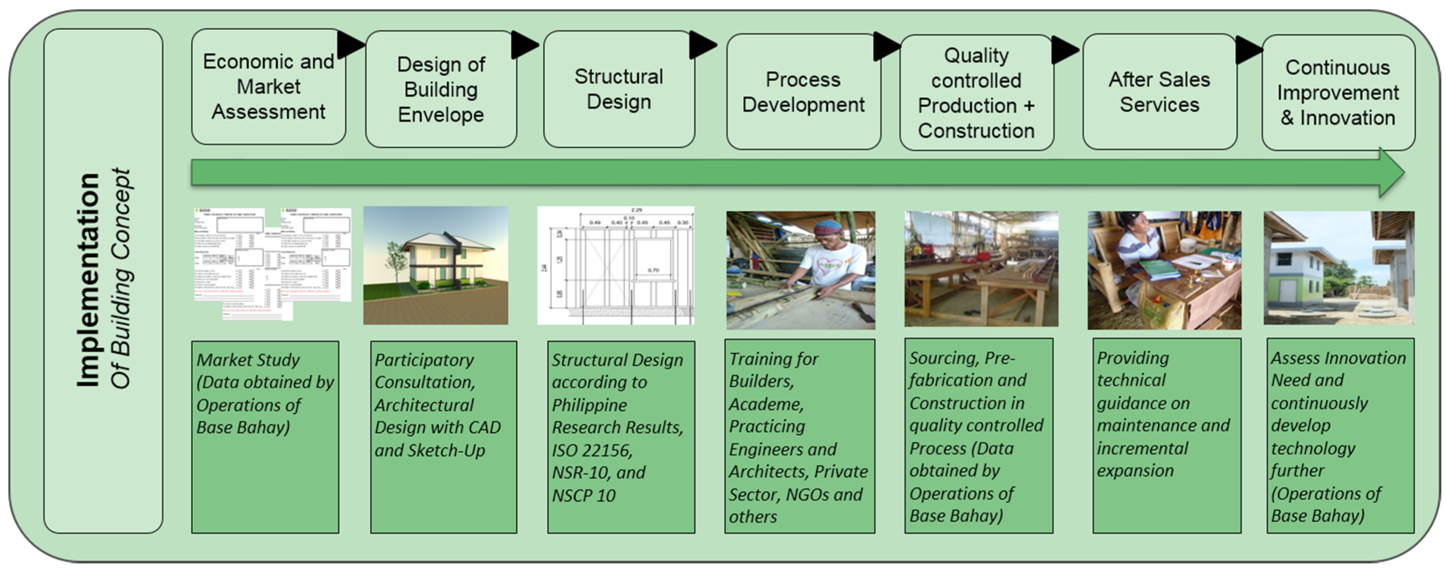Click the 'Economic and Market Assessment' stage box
click(x=268, y=87)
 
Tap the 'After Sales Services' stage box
click(x=1159, y=92)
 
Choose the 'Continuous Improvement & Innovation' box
click(x=1338, y=92)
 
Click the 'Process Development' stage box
click(x=803, y=92)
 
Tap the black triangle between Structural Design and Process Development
click(x=702, y=45)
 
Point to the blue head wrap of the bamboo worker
click(x=829, y=227)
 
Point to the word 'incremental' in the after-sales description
click(x=1142, y=448)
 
